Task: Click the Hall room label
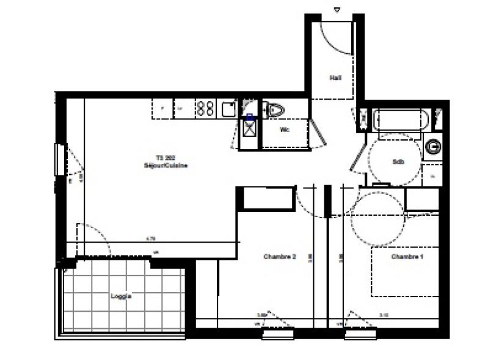point(335,78)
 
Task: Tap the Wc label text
point(284,130)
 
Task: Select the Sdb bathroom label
point(398,161)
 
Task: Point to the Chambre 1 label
point(407,257)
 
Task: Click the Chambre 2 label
point(280,257)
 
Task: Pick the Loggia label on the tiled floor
point(121,296)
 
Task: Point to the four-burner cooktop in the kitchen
point(205,109)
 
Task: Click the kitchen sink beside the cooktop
point(229,109)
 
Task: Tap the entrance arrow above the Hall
point(337,9)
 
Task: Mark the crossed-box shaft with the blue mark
point(249,128)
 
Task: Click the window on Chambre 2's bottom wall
point(277,334)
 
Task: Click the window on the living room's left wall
point(59,160)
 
